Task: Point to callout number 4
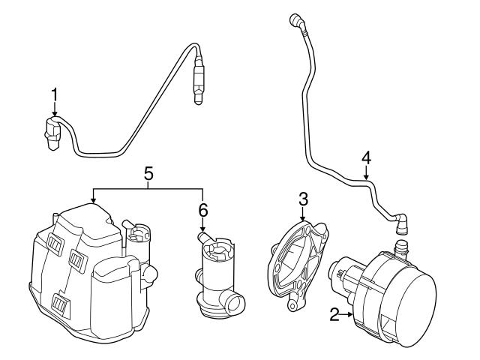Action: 366,157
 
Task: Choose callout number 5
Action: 148,172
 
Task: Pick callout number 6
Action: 202,211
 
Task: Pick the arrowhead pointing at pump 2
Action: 352,314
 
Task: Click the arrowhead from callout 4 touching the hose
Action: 366,179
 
